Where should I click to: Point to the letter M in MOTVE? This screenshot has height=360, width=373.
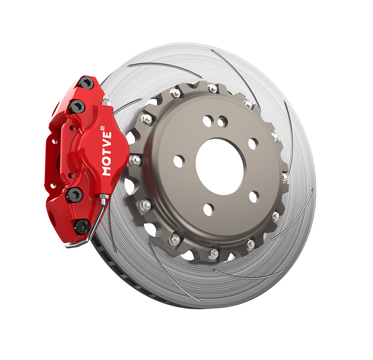click(x=107, y=171)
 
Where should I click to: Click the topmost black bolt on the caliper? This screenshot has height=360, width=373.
click(x=87, y=83)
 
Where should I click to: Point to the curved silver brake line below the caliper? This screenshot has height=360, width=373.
click(x=96, y=224)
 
